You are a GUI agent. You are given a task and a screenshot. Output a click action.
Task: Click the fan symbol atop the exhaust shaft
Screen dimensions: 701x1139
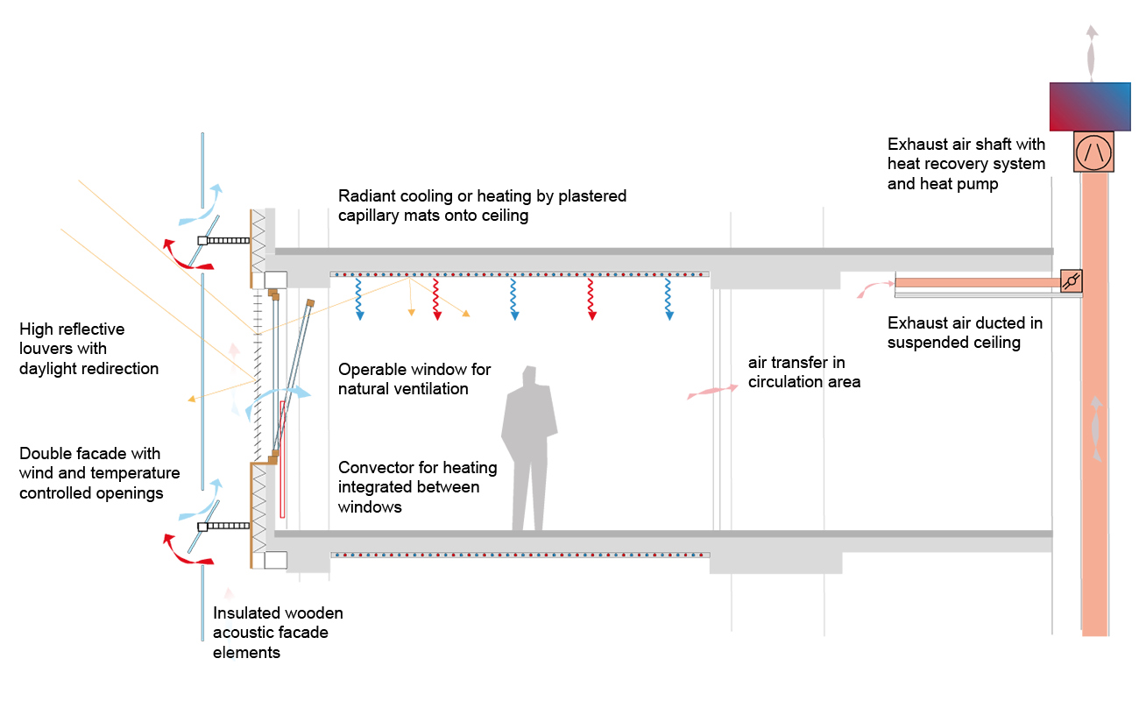click(x=1093, y=152)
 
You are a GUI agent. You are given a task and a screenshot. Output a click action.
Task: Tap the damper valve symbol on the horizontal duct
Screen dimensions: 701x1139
click(x=1071, y=281)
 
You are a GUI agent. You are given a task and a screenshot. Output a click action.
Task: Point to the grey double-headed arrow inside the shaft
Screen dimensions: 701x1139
click(x=1094, y=429)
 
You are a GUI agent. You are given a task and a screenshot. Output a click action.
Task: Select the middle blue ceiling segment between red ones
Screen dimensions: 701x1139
click(x=548, y=299)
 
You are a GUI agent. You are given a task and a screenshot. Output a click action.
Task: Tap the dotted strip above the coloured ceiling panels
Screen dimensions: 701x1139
click(x=519, y=274)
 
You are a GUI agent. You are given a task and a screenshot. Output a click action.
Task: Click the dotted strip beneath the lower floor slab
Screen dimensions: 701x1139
click(x=519, y=555)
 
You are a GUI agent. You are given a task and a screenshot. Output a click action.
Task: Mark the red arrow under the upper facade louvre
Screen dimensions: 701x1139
click(x=180, y=253)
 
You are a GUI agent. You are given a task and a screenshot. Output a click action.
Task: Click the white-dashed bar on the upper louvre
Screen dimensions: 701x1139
click(x=224, y=240)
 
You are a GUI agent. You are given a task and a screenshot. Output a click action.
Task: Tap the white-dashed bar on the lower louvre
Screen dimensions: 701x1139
click(x=224, y=527)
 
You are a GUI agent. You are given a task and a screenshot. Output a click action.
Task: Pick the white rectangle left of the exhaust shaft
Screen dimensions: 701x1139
click(x=989, y=497)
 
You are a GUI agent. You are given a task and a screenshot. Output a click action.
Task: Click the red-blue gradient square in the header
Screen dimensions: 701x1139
click(x=1089, y=107)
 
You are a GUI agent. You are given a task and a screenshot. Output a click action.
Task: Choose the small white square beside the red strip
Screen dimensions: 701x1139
click(x=314, y=461)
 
